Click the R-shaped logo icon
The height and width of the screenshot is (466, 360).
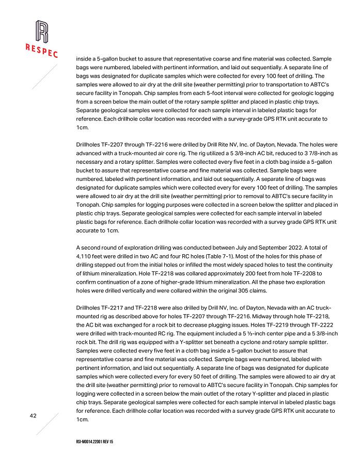(42, 32)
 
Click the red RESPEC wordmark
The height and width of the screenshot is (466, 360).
(41, 50)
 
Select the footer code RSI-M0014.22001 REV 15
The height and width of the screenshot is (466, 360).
(99, 443)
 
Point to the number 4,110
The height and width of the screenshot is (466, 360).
(85, 256)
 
